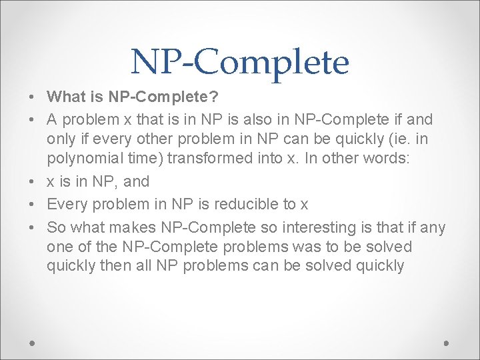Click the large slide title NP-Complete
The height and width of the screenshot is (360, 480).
(240, 62)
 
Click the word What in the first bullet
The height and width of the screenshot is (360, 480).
(65, 97)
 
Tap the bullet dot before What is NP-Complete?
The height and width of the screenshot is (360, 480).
(32, 97)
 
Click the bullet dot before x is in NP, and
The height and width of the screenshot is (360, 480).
(32, 181)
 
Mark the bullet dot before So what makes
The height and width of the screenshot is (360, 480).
(32, 229)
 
